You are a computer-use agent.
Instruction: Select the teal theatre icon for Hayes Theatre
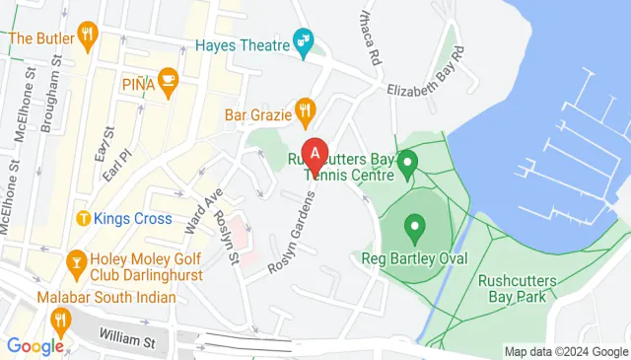306,42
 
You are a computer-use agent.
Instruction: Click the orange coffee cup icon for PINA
167,84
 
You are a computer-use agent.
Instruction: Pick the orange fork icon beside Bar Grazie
307,113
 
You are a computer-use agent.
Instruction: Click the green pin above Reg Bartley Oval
415,230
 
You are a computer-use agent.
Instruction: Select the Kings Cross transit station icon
84,217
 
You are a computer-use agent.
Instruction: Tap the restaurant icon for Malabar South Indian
61,319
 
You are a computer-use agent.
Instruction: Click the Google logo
35,345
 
